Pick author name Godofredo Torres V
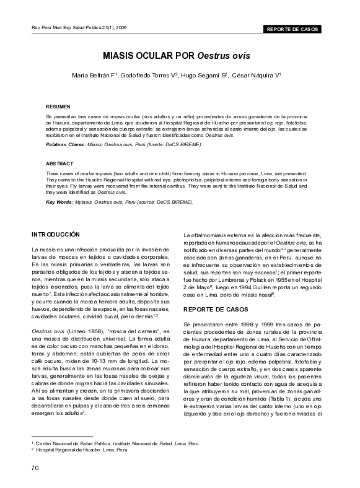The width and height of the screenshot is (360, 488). click(149, 76)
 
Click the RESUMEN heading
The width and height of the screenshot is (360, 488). click(58, 106)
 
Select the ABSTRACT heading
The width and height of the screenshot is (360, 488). click(59, 163)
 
